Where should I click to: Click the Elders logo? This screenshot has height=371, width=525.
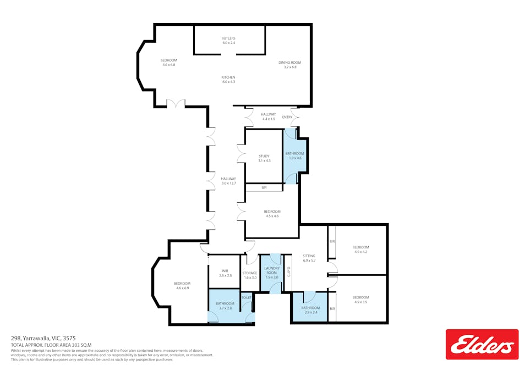point(482,344)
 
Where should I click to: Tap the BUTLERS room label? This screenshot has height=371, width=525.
point(228,38)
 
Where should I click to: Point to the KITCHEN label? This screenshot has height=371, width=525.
point(228,77)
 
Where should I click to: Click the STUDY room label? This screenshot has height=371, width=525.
point(264,156)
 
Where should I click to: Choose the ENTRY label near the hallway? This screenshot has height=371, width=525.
point(287,117)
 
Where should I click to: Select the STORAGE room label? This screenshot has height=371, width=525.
point(250,273)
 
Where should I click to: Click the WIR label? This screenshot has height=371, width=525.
point(225,270)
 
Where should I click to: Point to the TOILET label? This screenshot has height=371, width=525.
point(247,297)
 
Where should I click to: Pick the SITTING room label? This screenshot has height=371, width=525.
point(309,256)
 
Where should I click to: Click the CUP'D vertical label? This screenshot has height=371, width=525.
point(288,272)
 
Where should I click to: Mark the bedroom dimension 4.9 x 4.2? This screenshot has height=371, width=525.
point(360,252)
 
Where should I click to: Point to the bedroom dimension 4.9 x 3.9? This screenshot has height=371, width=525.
point(360,302)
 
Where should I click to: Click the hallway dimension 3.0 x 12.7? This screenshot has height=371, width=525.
point(228,183)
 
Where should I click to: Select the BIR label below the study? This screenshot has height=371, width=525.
point(264,188)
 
